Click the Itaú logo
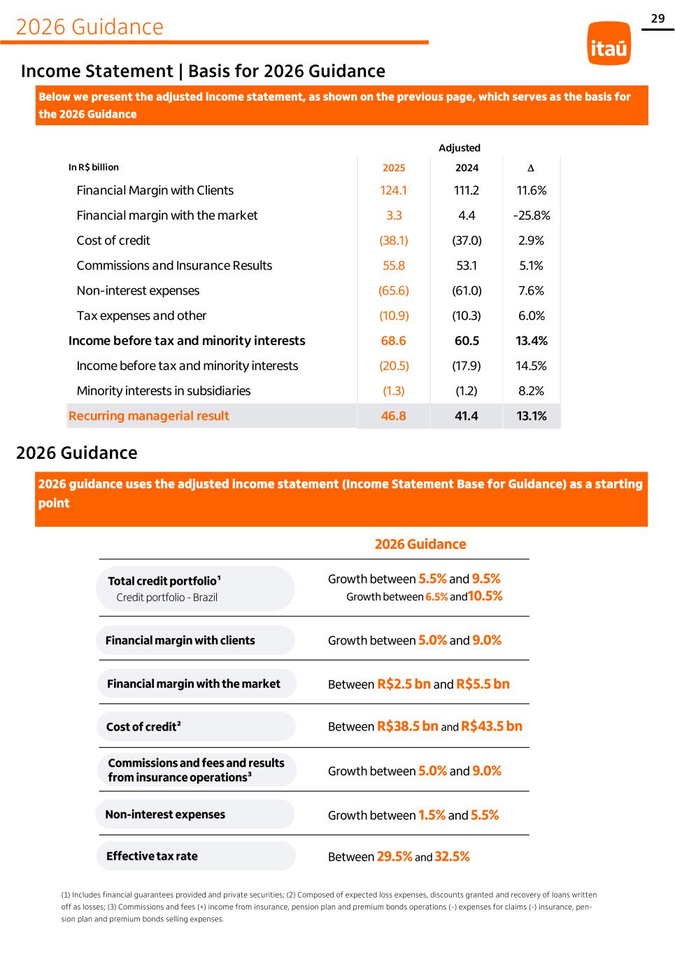click(x=609, y=43)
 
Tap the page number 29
click(x=658, y=19)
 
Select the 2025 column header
click(x=394, y=168)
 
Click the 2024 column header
click(x=467, y=168)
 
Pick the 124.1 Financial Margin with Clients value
click(x=394, y=190)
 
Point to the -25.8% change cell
click(x=532, y=215)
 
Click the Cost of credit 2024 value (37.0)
click(x=467, y=241)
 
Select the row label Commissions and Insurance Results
click(x=174, y=266)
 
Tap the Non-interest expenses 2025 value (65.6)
click(x=394, y=291)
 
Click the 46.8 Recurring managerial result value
click(x=394, y=416)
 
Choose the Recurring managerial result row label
click(x=149, y=416)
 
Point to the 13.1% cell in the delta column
click(x=532, y=416)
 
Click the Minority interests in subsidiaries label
click(x=164, y=391)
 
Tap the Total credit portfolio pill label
click(x=164, y=581)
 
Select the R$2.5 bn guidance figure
click(x=404, y=684)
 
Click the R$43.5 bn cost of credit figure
click(x=492, y=726)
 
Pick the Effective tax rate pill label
click(x=152, y=856)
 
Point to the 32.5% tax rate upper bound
click(x=452, y=857)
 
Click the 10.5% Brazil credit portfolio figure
click(x=485, y=596)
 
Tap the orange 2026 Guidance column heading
click(x=420, y=544)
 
